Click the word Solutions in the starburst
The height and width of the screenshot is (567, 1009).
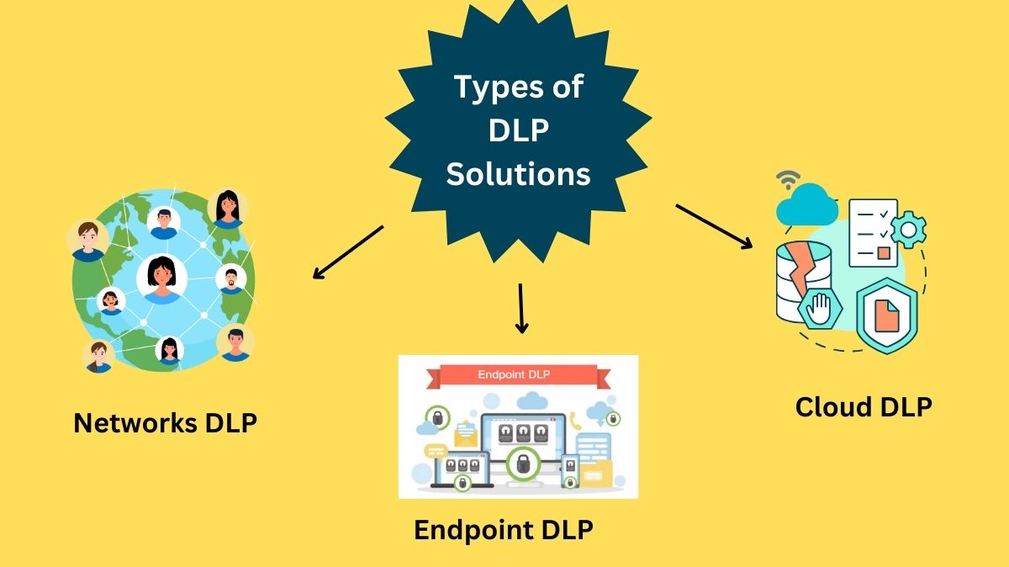coord(518,174)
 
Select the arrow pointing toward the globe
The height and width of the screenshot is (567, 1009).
coord(347,252)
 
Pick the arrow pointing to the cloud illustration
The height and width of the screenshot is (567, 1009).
coord(714,226)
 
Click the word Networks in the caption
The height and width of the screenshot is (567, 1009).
coord(135,422)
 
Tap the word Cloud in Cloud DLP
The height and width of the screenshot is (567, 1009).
coord(833,406)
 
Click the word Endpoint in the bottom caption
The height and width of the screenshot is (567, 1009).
coord(472,530)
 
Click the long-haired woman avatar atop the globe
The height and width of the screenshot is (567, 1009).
coord(226,207)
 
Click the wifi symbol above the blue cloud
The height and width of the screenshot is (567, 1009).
coord(788,179)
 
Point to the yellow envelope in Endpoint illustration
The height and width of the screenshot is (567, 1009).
coord(465,434)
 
